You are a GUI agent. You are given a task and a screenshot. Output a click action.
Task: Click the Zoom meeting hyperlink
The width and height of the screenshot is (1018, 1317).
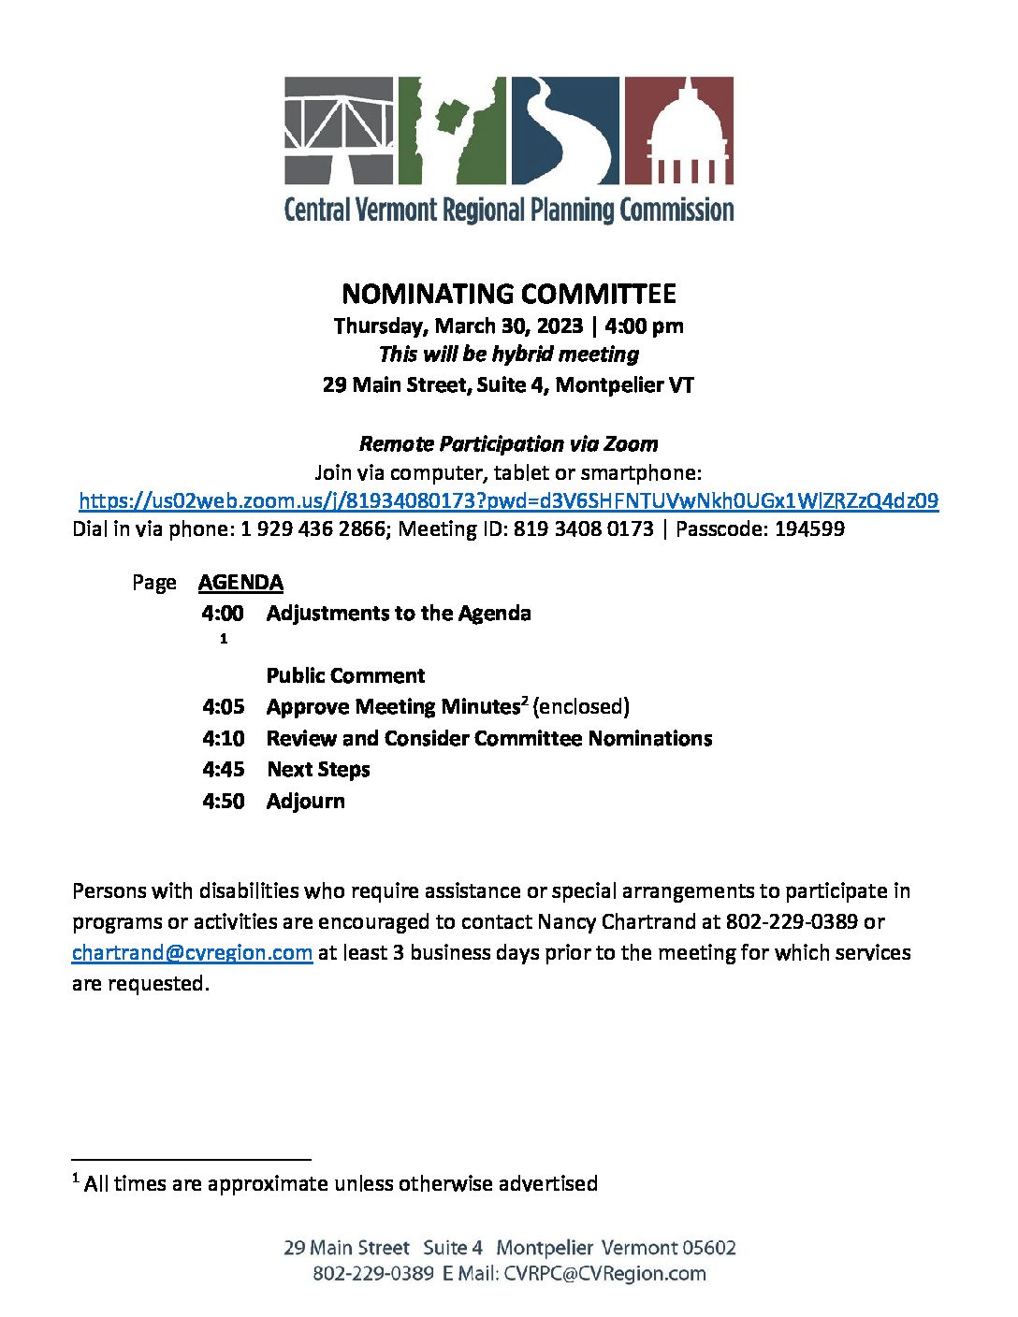[508, 500]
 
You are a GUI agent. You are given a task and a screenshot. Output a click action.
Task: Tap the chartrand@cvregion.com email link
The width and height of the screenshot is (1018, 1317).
[192, 952]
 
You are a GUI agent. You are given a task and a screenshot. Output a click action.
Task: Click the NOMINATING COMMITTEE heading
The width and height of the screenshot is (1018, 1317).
[508, 294]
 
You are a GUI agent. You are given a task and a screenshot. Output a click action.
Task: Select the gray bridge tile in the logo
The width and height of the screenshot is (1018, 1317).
[340, 130]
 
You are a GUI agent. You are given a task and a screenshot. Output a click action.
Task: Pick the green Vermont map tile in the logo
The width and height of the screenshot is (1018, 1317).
[452, 130]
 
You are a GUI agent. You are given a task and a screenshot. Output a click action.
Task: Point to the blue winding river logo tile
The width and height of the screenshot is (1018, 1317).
[564, 130]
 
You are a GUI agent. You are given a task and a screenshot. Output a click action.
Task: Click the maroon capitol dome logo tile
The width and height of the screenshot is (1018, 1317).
[678, 130]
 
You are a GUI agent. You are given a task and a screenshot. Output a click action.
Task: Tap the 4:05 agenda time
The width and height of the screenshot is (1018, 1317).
[223, 706]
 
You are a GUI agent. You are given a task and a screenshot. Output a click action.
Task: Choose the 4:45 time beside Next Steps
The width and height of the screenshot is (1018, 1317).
[223, 769]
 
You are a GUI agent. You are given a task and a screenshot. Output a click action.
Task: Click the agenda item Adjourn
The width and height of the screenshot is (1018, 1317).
[305, 801]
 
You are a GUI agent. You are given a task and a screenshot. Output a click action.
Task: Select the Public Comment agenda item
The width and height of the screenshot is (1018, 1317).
[345, 675]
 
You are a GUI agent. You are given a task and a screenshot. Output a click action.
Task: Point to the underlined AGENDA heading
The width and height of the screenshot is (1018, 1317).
[240, 582]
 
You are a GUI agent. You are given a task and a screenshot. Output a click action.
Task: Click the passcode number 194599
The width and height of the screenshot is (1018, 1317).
[809, 528]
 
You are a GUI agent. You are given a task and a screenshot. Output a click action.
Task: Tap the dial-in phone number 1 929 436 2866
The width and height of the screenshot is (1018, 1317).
[313, 528]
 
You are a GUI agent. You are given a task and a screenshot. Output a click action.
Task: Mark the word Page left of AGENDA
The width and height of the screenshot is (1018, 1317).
[153, 583]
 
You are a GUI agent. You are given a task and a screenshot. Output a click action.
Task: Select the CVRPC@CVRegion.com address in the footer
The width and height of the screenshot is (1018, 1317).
[604, 1273]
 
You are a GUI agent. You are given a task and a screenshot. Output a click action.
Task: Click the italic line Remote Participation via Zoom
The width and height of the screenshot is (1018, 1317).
[508, 443]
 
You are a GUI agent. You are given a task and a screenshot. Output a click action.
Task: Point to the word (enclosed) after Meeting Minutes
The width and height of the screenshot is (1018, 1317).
[580, 706]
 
